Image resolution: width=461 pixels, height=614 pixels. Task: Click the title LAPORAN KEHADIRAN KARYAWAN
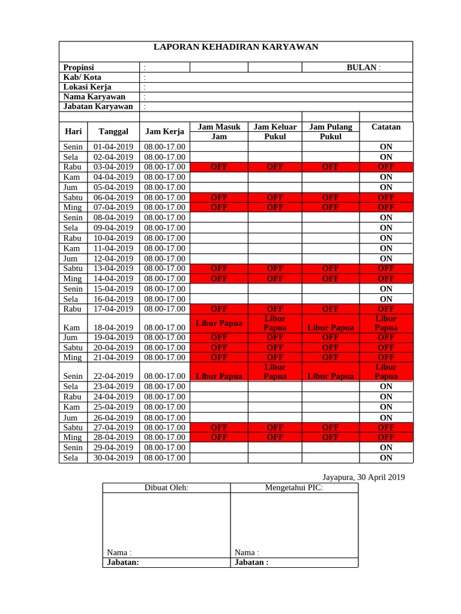coord(235,47)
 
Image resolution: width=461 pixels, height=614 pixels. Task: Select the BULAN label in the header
coord(363,68)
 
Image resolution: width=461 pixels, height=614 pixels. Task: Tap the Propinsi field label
coord(79,68)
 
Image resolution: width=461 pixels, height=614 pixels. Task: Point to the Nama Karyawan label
coord(94,97)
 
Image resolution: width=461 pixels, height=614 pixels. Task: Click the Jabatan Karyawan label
coord(98,106)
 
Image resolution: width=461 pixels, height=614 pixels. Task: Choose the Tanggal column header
coord(113,131)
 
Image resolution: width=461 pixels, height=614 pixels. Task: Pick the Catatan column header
coord(386,127)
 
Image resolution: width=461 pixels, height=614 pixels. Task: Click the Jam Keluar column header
coord(275,127)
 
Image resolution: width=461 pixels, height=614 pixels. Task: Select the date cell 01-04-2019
coord(113,146)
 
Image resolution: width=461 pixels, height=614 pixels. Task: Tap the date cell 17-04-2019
coord(113,309)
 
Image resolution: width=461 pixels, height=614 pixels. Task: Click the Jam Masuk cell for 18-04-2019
coord(219,323)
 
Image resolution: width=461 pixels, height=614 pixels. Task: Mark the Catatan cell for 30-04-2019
coord(386,458)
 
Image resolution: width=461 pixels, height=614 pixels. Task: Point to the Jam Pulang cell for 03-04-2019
coord(330,167)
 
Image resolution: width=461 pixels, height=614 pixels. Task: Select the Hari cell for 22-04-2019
coord(73,376)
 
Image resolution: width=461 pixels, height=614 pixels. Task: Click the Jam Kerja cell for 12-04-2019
coord(164,258)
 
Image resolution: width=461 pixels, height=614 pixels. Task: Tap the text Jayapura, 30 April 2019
coord(363,477)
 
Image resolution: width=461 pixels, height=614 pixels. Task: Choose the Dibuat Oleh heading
coord(166,488)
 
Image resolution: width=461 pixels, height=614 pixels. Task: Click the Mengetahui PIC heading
coord(294,488)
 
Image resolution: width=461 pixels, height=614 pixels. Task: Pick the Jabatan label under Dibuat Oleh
coord(122,562)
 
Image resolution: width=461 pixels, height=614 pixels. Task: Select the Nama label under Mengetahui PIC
coord(247,552)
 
